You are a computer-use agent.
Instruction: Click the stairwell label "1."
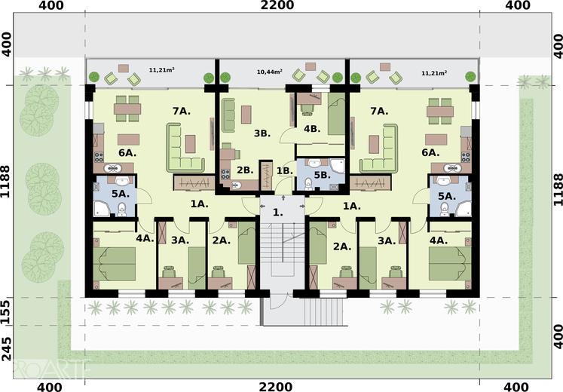(x=277, y=212)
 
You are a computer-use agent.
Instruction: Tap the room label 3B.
(x=262, y=133)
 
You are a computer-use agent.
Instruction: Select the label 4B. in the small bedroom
(x=312, y=129)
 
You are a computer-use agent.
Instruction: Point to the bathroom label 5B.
(x=322, y=175)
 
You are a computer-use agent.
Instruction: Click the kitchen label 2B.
(x=245, y=170)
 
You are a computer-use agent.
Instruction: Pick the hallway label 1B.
(x=284, y=171)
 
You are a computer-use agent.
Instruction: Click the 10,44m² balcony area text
(x=269, y=72)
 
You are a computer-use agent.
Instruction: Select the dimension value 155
(x=7, y=311)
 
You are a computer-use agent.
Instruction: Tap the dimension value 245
(x=7, y=348)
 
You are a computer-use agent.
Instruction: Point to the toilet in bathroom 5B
(x=308, y=183)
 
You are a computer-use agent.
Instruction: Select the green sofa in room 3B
(x=228, y=115)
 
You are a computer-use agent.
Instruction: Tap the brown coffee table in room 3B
(x=246, y=115)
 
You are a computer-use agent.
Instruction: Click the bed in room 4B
(x=336, y=114)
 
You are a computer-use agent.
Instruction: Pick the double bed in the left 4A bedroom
(x=115, y=264)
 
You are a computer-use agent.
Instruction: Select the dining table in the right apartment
(x=440, y=112)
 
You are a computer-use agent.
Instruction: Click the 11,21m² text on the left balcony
(x=161, y=70)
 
